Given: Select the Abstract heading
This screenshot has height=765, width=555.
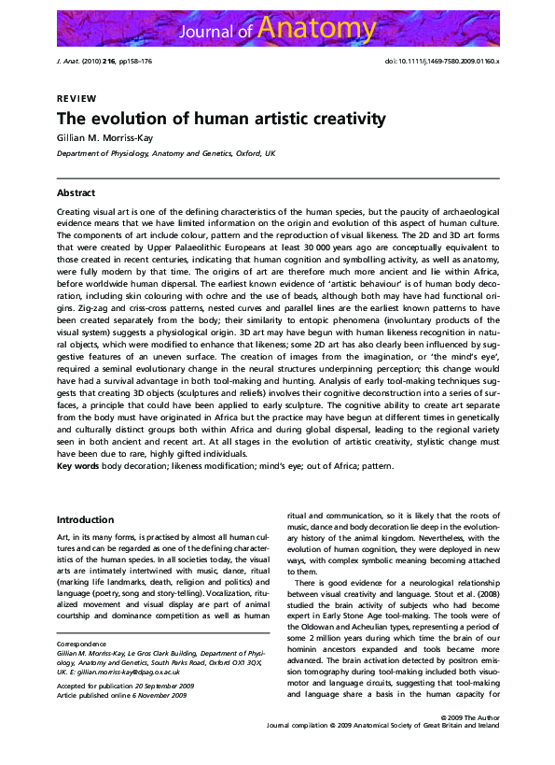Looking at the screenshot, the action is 76,192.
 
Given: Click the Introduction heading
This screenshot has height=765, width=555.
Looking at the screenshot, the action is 87,519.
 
